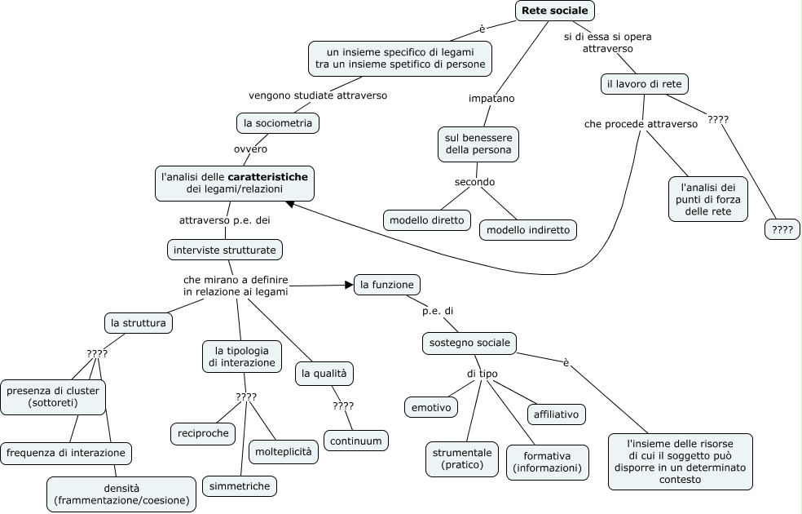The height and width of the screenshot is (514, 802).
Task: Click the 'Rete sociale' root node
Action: click(x=554, y=11)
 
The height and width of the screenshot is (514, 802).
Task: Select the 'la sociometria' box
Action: click(x=278, y=123)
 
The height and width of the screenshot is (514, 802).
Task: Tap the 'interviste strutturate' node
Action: click(x=224, y=250)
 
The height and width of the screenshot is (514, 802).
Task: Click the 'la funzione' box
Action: click(x=386, y=285)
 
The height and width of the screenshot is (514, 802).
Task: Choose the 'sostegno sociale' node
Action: click(x=469, y=343)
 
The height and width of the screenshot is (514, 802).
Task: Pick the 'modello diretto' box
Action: click(x=426, y=220)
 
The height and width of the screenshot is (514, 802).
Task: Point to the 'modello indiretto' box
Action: click(x=528, y=230)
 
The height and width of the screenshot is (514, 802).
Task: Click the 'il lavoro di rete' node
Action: click(x=644, y=84)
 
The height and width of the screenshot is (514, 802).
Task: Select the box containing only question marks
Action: click(x=782, y=229)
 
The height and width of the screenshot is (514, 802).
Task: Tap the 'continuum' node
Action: click(x=356, y=441)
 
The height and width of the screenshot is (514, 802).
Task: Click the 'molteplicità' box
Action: click(x=284, y=451)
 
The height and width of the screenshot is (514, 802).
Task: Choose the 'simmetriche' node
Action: click(x=240, y=485)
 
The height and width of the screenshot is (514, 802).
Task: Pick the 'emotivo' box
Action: click(x=431, y=407)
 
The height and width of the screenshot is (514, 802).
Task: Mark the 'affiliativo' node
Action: click(x=556, y=414)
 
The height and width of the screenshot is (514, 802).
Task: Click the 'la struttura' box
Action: click(x=138, y=323)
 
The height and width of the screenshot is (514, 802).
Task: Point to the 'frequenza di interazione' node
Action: click(x=66, y=453)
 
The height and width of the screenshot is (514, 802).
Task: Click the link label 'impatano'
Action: click(x=491, y=98)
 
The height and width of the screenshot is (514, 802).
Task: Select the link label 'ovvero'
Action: click(x=251, y=149)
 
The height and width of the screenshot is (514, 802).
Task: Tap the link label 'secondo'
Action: click(x=474, y=182)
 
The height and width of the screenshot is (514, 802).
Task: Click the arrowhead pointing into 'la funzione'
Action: click(x=350, y=285)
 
